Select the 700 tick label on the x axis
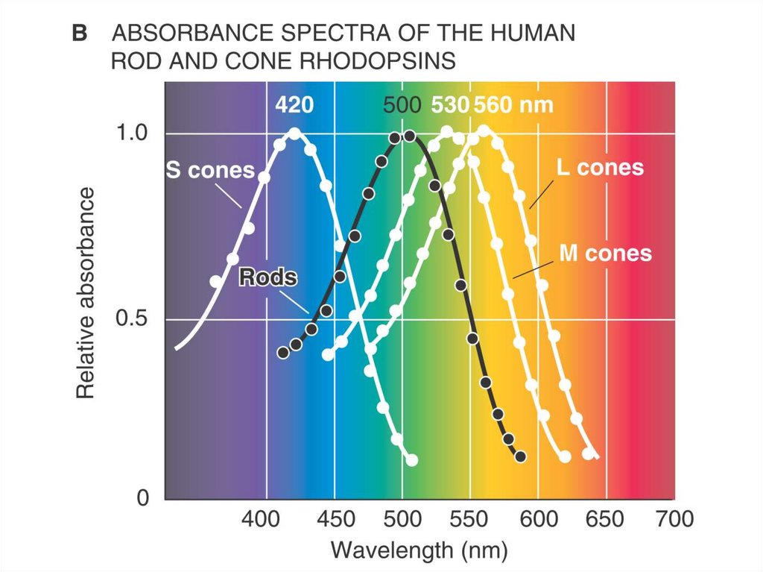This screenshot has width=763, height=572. click(x=674, y=518)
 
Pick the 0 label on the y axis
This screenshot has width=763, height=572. click(x=142, y=498)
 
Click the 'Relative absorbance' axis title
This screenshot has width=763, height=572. click(x=87, y=292)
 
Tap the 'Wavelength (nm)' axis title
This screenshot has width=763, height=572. click(x=420, y=551)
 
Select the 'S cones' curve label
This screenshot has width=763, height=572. click(x=209, y=170)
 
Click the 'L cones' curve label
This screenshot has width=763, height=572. click(x=600, y=167)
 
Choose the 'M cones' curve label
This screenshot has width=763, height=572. click(x=605, y=253)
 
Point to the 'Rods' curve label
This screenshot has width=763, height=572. click(x=267, y=278)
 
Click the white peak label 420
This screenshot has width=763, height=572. click(x=294, y=105)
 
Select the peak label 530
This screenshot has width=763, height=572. click(x=449, y=105)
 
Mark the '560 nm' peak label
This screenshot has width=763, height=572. click(x=513, y=105)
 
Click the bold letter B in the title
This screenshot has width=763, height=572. click(x=80, y=35)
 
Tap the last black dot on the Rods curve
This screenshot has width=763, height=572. click(x=520, y=456)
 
